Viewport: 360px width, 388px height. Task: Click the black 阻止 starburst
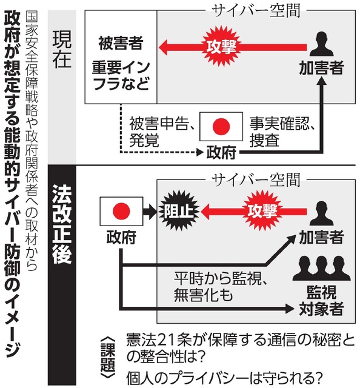click(179, 211)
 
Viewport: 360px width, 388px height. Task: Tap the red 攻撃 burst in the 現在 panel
click(221, 46)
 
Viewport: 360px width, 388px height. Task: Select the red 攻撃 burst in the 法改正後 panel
click(263, 211)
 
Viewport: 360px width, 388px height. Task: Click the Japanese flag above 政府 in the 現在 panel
click(221, 127)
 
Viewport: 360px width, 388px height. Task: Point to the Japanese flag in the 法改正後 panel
click(121, 211)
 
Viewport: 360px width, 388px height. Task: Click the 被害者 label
click(121, 43)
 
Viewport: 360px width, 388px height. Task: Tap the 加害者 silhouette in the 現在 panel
click(321, 44)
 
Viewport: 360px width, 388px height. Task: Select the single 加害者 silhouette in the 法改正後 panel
click(321, 213)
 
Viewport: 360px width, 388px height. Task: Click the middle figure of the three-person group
click(321, 268)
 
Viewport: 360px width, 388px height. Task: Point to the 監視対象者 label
click(321, 300)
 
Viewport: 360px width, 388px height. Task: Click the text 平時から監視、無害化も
click(221, 287)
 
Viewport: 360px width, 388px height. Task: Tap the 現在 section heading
click(62, 50)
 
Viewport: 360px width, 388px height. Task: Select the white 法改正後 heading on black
click(62, 224)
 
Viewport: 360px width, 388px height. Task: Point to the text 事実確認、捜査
click(282, 132)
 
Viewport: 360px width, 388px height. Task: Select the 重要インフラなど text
click(121, 75)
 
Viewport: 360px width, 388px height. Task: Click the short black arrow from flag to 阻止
click(150, 211)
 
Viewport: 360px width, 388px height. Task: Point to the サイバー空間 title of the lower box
click(256, 180)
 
